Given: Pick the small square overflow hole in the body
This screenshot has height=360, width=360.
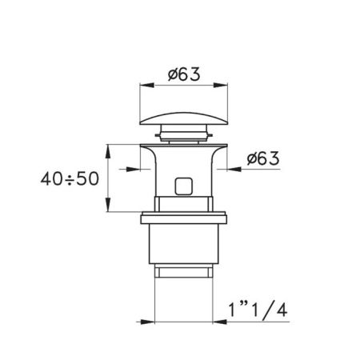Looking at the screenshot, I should [182, 186].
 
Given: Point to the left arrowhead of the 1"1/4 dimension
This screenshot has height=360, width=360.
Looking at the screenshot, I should [157, 322].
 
